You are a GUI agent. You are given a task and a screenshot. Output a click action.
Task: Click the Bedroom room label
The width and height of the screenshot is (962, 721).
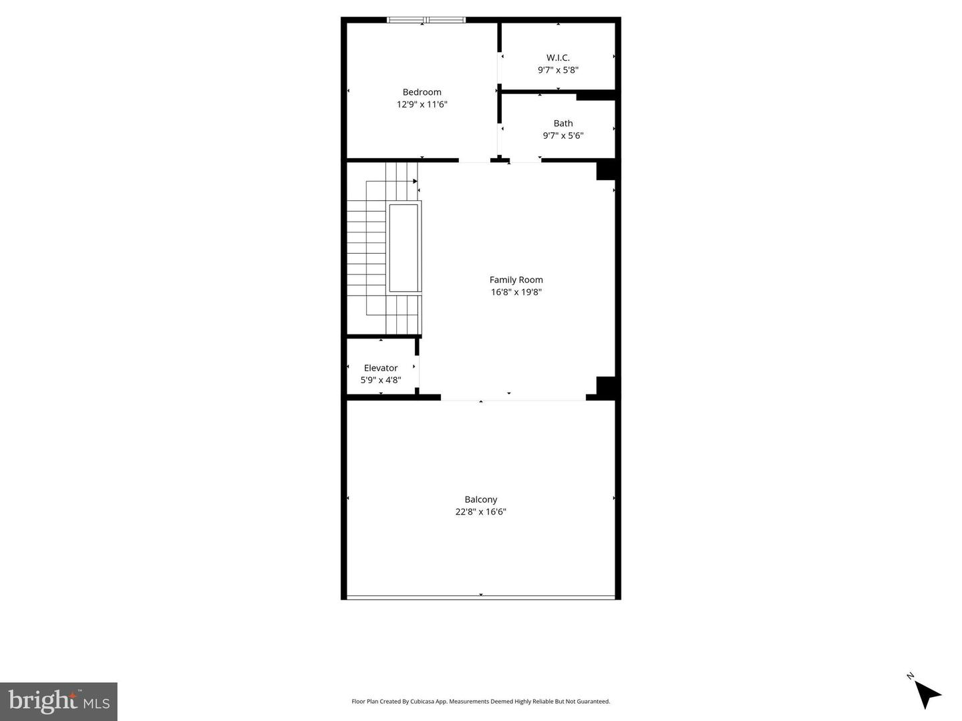click(x=422, y=92)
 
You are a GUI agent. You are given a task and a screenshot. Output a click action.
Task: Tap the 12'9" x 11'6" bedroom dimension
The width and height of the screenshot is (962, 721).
click(x=422, y=104)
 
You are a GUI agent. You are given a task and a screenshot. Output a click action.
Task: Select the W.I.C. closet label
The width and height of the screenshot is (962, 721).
click(x=558, y=57)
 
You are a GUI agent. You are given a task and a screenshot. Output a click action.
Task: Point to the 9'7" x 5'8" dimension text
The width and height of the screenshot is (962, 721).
click(x=558, y=69)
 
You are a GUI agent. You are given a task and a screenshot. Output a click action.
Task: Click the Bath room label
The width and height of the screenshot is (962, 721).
click(x=563, y=123)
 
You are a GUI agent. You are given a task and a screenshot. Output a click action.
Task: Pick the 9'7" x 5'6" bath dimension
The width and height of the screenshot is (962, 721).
click(x=563, y=136)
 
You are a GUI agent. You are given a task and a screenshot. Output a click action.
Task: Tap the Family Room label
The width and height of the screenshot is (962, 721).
click(x=516, y=280)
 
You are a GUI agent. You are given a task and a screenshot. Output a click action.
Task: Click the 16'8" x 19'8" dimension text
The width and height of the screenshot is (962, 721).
click(x=516, y=292)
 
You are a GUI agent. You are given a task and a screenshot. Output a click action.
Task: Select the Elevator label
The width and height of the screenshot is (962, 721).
click(x=381, y=368)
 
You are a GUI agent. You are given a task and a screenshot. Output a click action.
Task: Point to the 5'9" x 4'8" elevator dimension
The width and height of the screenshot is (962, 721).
click(x=381, y=380)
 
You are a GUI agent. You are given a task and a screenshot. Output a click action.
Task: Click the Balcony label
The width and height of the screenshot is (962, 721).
click(x=481, y=499)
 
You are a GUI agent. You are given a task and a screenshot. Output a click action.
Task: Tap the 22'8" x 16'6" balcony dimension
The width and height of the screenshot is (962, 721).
click(x=481, y=512)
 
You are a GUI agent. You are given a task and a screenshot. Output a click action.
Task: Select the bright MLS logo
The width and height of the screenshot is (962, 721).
click(x=59, y=701)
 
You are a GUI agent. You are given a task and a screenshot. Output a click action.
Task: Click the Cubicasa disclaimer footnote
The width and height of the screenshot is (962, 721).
click(x=481, y=702)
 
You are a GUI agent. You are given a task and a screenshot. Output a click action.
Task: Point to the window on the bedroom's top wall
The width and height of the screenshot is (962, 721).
click(x=426, y=20)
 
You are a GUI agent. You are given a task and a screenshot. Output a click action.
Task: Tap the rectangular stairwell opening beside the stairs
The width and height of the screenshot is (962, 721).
click(x=404, y=248)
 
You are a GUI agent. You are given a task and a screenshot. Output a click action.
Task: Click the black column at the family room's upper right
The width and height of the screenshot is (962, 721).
click(x=606, y=170)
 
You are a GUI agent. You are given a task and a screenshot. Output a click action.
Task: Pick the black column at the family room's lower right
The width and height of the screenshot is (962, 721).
click(x=606, y=387)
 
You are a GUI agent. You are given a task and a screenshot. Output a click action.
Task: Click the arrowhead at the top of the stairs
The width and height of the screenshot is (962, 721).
click(x=415, y=181)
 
